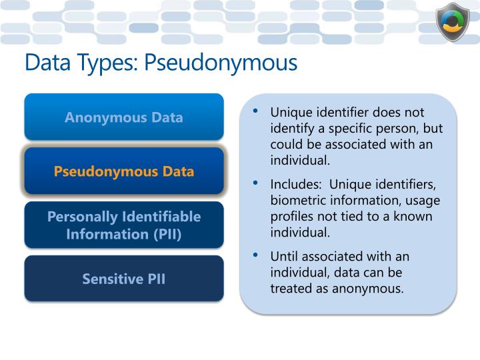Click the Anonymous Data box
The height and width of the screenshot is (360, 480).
124,117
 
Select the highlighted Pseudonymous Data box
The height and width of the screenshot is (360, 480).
124,171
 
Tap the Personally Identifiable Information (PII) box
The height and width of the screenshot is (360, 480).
124,225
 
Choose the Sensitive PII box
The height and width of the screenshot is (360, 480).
124,278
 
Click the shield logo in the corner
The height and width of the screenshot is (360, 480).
453,23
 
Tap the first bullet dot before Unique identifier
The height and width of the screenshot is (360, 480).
256,111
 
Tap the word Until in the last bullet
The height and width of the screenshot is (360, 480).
284,256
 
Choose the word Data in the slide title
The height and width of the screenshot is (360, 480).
47,63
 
